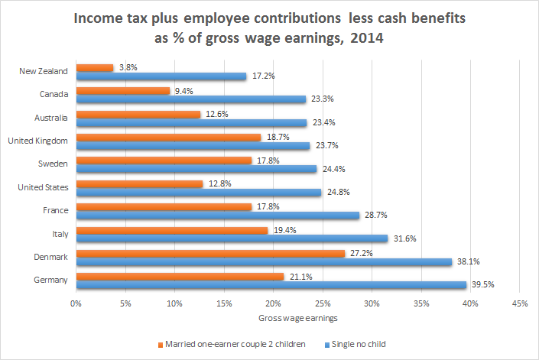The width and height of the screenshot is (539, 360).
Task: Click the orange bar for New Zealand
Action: click(x=95, y=67)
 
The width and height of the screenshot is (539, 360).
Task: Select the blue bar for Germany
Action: click(x=271, y=285)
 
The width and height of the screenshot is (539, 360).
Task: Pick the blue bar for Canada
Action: click(x=191, y=99)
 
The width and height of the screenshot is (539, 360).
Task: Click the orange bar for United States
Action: click(x=139, y=183)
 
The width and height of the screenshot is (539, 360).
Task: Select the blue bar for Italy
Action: click(x=232, y=238)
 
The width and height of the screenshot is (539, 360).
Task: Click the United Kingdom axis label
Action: click(x=37, y=141)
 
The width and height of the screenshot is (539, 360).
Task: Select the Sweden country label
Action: click(x=54, y=164)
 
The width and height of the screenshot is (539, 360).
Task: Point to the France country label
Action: click(x=55, y=210)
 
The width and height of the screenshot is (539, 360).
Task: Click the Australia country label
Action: click(x=50, y=118)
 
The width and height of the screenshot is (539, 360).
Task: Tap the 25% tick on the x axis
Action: click(x=322, y=303)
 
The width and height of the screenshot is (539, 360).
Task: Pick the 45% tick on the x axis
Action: click(x=519, y=303)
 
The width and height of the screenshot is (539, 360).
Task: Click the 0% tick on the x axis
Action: click(x=76, y=303)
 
